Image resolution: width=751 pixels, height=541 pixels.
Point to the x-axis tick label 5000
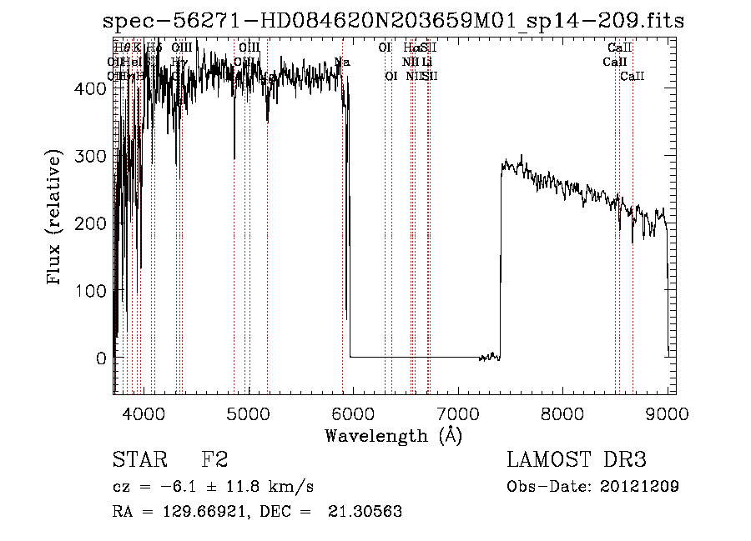point(249,413)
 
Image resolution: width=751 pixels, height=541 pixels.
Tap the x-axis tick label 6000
point(352,413)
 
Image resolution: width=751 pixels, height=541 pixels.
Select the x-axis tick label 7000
point(457,413)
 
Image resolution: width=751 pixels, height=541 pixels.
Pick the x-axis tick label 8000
point(562,413)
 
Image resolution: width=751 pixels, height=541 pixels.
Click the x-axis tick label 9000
point(667,413)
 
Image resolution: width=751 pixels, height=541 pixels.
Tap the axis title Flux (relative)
point(56,218)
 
